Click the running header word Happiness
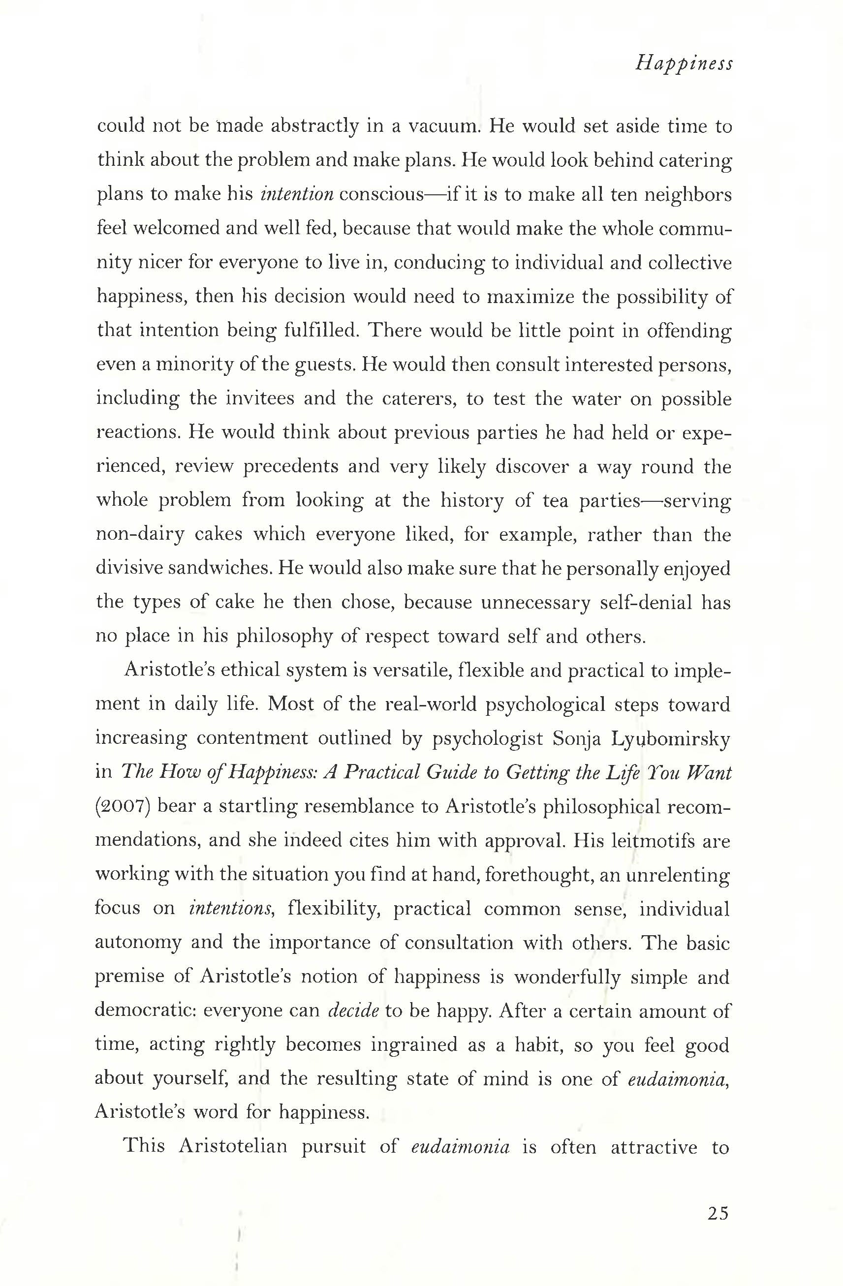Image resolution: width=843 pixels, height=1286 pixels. (x=684, y=64)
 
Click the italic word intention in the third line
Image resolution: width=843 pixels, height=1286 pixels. (x=297, y=194)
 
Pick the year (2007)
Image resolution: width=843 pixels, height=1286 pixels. (x=122, y=806)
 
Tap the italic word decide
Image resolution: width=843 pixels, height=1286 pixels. (x=353, y=1010)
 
